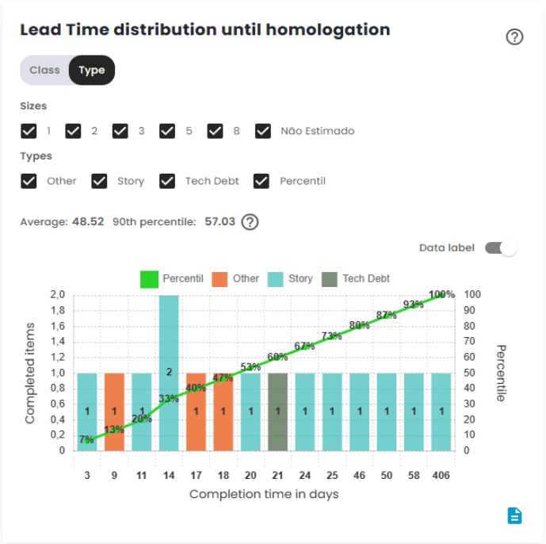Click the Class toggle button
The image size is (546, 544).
click(x=44, y=70)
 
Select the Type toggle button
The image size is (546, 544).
click(x=92, y=70)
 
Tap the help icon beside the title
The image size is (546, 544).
click(x=514, y=36)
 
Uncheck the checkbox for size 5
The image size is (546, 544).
click(x=167, y=131)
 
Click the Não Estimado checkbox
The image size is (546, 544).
click(x=263, y=131)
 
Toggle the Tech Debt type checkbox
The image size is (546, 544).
click(x=167, y=181)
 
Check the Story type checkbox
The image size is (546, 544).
click(x=99, y=181)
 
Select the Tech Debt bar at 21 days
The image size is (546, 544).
click(x=277, y=411)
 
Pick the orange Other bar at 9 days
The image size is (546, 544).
click(x=115, y=411)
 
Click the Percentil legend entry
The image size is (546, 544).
click(x=172, y=279)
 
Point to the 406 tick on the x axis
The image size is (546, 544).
click(x=441, y=475)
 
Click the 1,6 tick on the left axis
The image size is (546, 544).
click(x=58, y=326)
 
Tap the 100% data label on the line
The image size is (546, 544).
click(x=441, y=294)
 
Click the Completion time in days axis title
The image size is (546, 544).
click(x=264, y=494)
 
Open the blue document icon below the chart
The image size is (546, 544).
click(x=515, y=515)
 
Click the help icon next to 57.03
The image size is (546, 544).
click(x=250, y=222)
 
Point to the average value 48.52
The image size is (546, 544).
click(x=88, y=222)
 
